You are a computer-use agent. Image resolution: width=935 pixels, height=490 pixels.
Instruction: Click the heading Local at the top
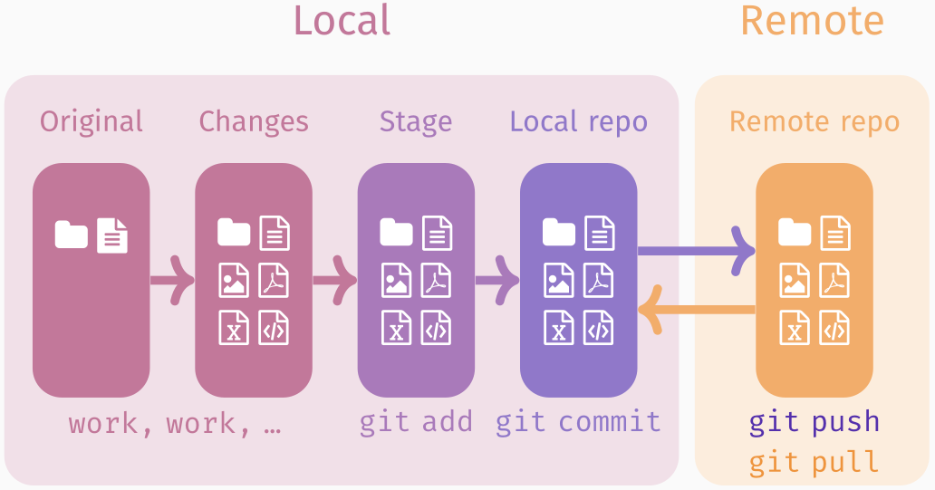click(342, 21)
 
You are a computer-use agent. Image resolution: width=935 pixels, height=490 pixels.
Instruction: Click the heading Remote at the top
click(812, 21)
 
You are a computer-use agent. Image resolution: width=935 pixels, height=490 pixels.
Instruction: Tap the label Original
click(92, 121)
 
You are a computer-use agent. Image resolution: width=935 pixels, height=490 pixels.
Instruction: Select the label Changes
click(254, 121)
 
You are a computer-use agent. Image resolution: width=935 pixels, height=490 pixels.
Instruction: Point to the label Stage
click(416, 121)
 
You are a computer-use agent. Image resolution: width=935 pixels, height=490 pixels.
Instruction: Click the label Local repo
click(578, 121)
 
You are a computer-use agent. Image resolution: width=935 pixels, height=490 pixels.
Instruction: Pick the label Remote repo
click(815, 121)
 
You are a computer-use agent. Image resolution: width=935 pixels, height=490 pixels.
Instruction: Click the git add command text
click(416, 422)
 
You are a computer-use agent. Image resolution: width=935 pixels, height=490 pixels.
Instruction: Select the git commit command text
click(578, 422)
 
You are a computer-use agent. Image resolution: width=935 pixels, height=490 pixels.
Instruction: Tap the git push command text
click(815, 422)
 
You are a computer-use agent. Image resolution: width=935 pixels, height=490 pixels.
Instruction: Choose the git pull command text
click(815, 463)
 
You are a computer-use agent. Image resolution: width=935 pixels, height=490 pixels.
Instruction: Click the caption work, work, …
click(175, 424)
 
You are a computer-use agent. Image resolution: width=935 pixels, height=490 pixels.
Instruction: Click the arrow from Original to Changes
click(172, 280)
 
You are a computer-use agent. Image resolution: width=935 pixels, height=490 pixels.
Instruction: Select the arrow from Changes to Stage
click(335, 280)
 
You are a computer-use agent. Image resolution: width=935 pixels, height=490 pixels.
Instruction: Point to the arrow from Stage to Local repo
click(497, 280)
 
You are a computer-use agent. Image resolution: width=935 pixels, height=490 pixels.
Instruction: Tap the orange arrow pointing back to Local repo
click(696, 311)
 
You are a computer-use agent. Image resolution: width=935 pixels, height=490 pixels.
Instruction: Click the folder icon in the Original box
click(71, 235)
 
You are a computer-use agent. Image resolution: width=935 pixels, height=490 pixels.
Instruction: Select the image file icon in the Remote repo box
click(795, 281)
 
